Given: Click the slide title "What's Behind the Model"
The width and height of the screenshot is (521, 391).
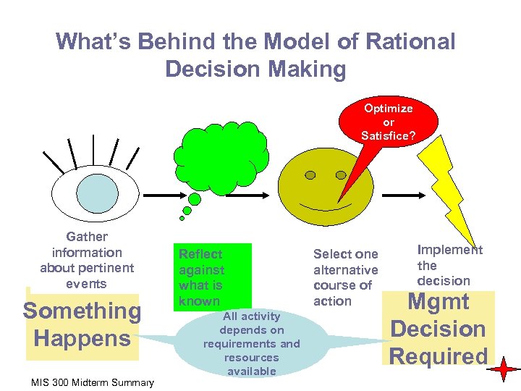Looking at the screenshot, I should coord(255,54).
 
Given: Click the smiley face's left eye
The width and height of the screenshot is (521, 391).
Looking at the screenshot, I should coord(310,175).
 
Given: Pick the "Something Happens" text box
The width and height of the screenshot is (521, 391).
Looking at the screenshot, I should coord(82,325).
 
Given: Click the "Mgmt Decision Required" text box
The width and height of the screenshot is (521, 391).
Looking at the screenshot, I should coord(439,329).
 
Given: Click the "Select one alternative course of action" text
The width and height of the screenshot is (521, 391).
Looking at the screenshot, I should coord(345,277).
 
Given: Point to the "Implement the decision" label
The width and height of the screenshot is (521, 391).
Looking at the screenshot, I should coord(448,265).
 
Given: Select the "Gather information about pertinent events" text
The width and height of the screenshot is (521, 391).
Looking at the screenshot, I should coord(86,260).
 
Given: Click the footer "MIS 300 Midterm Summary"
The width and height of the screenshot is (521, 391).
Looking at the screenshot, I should coord(93,382).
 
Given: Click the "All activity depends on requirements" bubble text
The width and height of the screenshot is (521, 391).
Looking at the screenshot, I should coord(251,343).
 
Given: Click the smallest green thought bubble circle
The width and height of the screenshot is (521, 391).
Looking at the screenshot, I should coord(182,218).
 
